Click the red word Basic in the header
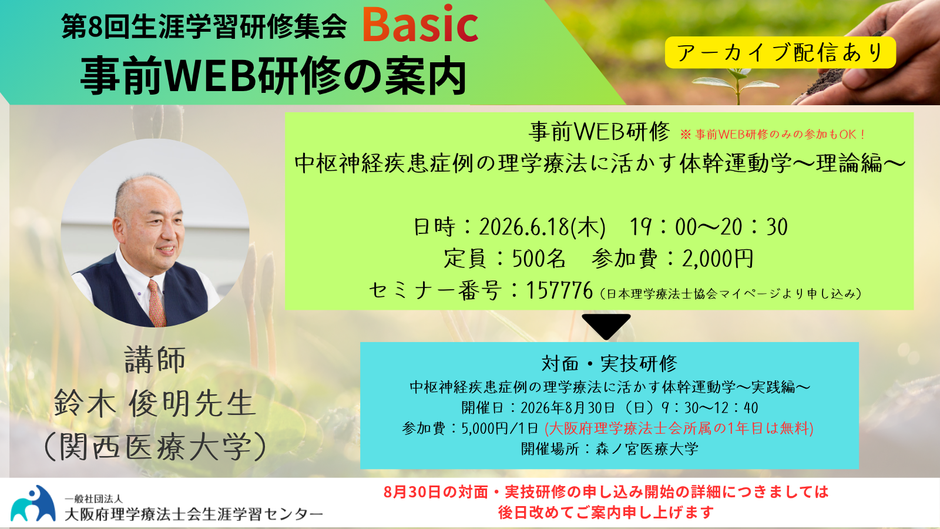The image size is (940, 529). (x=420, y=24)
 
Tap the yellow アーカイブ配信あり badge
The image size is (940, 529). (x=781, y=52)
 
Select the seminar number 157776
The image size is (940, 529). (x=559, y=290)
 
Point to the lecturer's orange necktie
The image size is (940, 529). (x=156, y=302)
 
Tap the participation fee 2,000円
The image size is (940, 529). (x=717, y=259)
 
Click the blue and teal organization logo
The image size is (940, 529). (x=33, y=503)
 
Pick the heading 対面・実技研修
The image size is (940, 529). (x=609, y=364)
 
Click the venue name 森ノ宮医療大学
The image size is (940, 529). (x=647, y=449)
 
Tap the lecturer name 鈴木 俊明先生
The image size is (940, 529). (x=155, y=403)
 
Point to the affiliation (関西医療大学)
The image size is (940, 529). (x=155, y=447)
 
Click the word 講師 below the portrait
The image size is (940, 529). (x=155, y=360)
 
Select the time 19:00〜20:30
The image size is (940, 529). (x=709, y=227)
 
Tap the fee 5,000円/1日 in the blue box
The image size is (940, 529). (x=500, y=428)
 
